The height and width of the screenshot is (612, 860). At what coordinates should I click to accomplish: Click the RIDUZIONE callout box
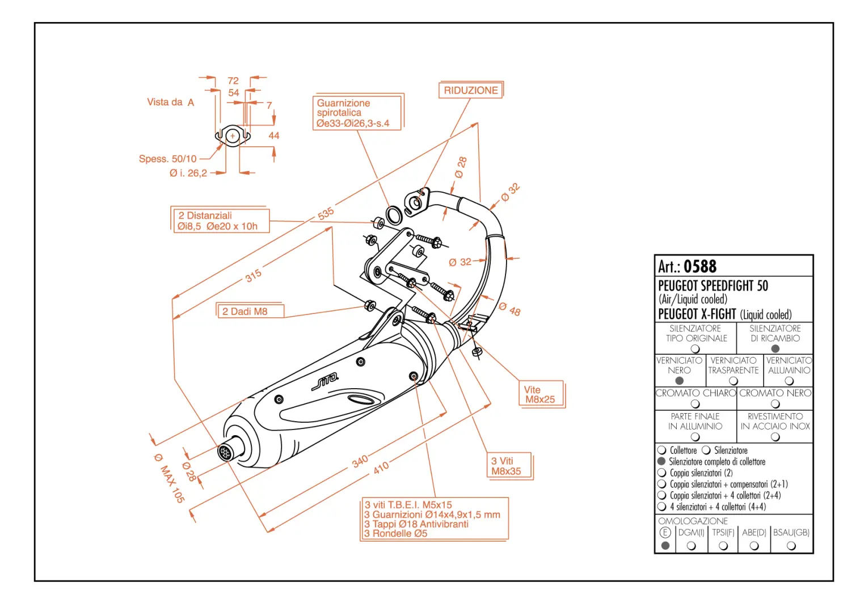coord(470,91)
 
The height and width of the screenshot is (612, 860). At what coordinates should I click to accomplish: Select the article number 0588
coord(699,266)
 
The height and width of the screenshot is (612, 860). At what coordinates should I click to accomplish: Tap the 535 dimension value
coord(326,214)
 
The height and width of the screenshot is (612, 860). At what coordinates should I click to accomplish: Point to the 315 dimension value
coord(254,275)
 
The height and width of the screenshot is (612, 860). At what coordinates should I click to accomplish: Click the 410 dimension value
coord(381,467)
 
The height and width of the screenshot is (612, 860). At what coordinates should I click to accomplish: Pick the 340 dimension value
coord(360,461)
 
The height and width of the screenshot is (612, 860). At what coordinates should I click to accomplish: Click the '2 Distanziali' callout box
coord(220,220)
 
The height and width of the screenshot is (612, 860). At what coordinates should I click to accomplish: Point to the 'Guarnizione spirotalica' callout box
coord(357,113)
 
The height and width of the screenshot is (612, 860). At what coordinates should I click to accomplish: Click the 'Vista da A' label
coord(170,103)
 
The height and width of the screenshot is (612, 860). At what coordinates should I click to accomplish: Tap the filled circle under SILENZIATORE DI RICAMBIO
coord(775,348)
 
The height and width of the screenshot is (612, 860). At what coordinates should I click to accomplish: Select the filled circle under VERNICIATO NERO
coord(679,381)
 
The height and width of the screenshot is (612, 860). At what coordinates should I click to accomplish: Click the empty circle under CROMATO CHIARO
coord(695,404)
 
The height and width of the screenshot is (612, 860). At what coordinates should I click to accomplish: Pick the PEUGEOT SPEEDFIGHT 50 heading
coord(713,286)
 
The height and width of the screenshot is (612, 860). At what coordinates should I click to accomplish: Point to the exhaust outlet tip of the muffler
coord(225,452)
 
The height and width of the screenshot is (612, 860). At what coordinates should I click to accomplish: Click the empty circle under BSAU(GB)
coord(791,546)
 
